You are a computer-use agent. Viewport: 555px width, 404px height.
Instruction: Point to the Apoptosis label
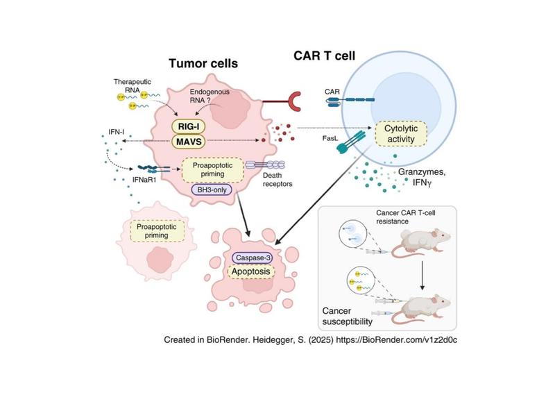tap(254, 272)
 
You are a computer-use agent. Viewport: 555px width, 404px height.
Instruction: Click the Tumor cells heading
tap(203, 64)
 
